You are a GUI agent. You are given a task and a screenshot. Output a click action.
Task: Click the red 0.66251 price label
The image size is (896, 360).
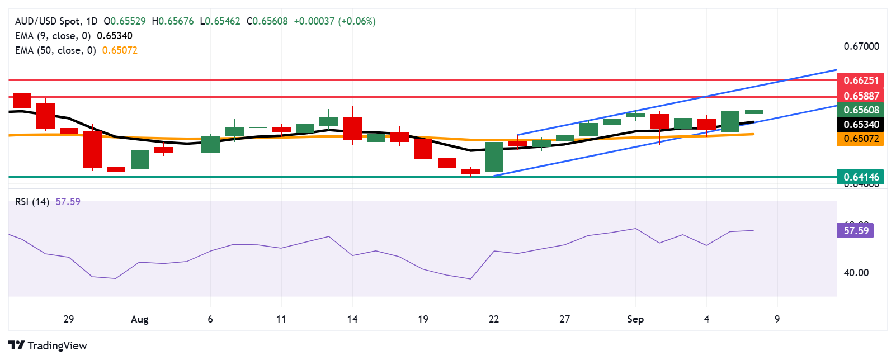[x=860, y=80]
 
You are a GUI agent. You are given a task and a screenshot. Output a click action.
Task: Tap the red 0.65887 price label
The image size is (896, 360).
[x=860, y=96]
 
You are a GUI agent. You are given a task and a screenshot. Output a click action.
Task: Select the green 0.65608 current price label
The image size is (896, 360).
[x=860, y=110]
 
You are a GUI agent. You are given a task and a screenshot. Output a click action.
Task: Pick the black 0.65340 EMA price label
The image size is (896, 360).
[x=860, y=125]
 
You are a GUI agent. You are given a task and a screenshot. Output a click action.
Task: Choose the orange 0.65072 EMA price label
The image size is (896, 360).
[x=860, y=139]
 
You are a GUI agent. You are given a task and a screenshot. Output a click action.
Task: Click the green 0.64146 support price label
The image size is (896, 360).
[x=860, y=177]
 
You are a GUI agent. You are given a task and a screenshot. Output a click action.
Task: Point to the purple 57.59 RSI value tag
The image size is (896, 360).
[x=855, y=230]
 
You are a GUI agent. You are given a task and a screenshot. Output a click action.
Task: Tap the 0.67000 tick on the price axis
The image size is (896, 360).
[x=861, y=46]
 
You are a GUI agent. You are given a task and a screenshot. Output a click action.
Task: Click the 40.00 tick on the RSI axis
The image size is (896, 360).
[x=856, y=273]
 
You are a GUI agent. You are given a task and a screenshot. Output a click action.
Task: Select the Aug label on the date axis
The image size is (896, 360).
[x=139, y=319]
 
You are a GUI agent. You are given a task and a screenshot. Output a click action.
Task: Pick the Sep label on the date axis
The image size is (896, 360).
[x=635, y=319]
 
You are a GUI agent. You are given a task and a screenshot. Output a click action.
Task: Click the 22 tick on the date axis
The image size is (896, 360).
[x=493, y=319]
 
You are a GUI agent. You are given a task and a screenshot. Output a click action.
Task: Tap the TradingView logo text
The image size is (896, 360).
[x=48, y=345]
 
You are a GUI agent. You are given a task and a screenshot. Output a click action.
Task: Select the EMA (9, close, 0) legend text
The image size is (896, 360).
[x=53, y=36]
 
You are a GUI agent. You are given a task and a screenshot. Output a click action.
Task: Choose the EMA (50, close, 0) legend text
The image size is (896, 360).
[x=55, y=50]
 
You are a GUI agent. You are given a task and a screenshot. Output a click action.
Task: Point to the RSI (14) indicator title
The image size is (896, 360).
[x=32, y=202]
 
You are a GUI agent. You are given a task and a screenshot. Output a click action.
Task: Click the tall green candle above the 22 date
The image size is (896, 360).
[x=494, y=157]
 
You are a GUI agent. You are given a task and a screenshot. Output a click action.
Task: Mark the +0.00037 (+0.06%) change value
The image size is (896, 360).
[x=334, y=21]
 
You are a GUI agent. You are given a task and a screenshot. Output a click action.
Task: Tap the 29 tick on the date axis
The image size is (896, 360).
[x=68, y=319]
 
